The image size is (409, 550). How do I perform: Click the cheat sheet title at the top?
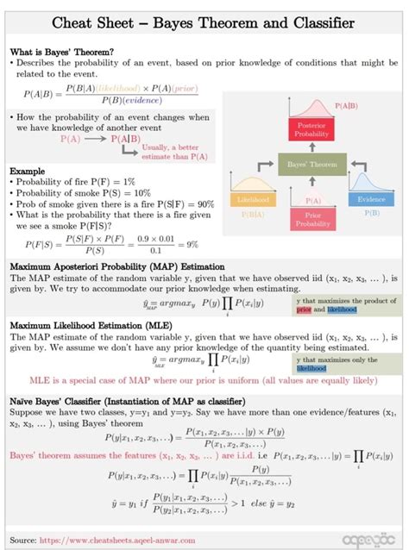click(x=204, y=19)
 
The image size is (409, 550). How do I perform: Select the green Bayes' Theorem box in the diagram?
click(x=306, y=162)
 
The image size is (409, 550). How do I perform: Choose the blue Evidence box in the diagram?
click(x=371, y=199)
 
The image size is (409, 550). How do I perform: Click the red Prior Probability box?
click(x=311, y=218)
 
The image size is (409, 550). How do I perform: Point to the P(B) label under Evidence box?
click(x=372, y=211)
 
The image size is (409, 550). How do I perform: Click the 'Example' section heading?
click(x=28, y=172)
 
